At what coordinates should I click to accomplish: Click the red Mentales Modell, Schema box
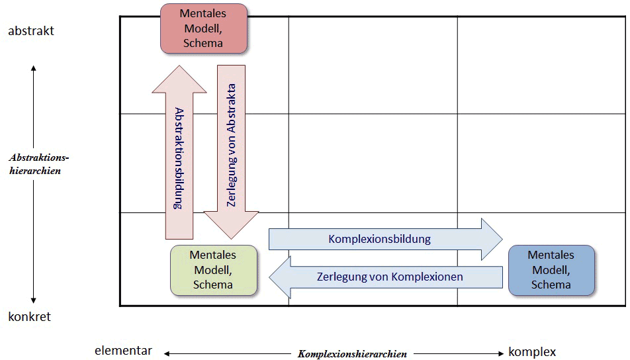pyautogui.click(x=204, y=28)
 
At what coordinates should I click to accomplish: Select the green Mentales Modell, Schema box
pyautogui.click(x=213, y=270)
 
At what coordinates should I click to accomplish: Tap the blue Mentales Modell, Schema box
pyautogui.click(x=551, y=270)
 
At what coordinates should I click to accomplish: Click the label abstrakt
pyautogui.click(x=30, y=31)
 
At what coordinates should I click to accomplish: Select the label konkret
pyautogui.click(x=30, y=317)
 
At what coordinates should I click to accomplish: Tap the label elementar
pyautogui.click(x=124, y=351)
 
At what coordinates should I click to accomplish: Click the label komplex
pyautogui.click(x=532, y=351)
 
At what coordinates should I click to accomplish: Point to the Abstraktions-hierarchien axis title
pyautogui.click(x=40, y=164)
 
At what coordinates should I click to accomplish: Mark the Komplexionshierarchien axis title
pyautogui.click(x=352, y=354)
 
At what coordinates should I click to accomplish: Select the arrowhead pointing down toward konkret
pyautogui.click(x=33, y=302)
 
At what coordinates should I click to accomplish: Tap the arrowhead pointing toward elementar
pyautogui.click(x=167, y=354)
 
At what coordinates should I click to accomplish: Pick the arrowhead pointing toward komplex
pyautogui.click(x=502, y=354)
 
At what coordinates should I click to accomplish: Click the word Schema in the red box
pyautogui.click(x=204, y=43)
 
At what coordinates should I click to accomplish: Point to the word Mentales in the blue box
pyautogui.click(x=551, y=255)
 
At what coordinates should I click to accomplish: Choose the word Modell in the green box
pyautogui.click(x=213, y=270)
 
